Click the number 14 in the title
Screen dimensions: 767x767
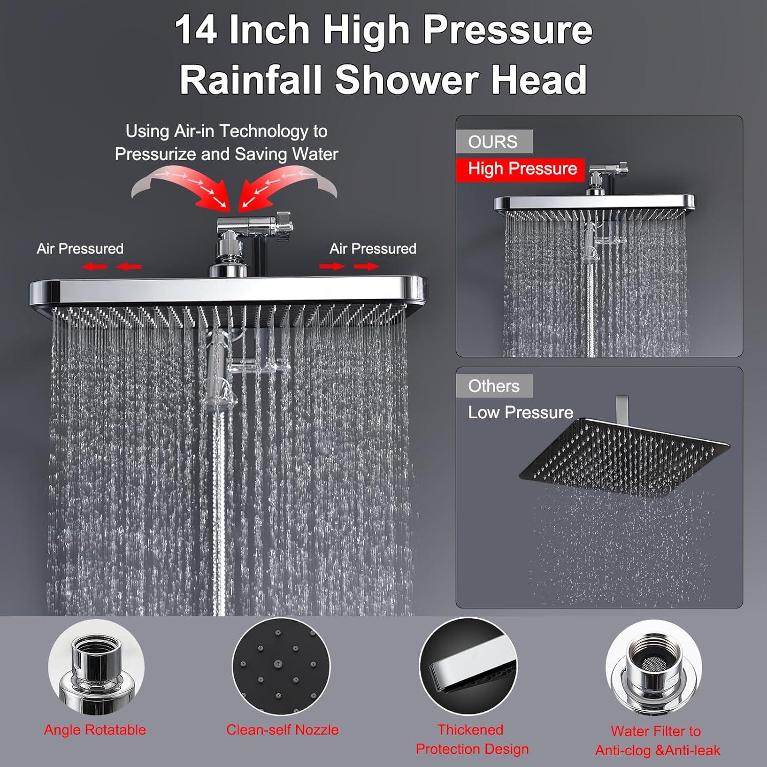[196, 31]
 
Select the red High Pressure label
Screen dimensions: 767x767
[521, 169]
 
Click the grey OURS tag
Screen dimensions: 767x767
[493, 142]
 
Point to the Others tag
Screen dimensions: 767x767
[493, 386]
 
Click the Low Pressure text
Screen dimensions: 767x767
[521, 413]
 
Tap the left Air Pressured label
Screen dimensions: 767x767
[80, 249]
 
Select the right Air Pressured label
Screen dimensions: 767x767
[373, 249]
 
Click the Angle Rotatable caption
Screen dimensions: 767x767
[95, 730]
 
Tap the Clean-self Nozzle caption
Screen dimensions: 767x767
[282, 730]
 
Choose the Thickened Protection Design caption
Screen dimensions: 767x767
[471, 739]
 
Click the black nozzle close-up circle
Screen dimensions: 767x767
[281, 666]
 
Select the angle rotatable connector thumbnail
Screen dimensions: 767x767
[96, 667]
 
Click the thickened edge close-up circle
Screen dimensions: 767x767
[468, 666]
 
